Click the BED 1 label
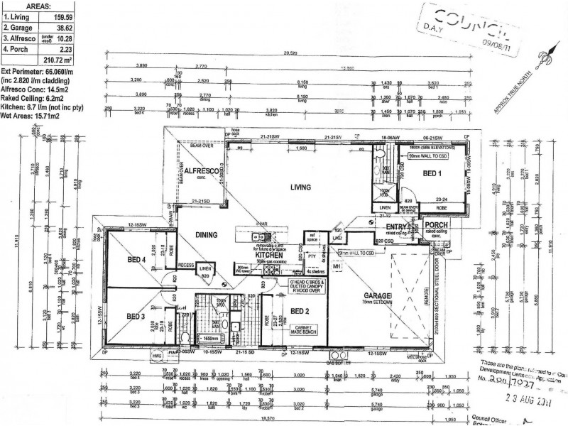click(x=432, y=174)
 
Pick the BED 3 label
click(x=136, y=316)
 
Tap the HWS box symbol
click(x=157, y=356)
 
